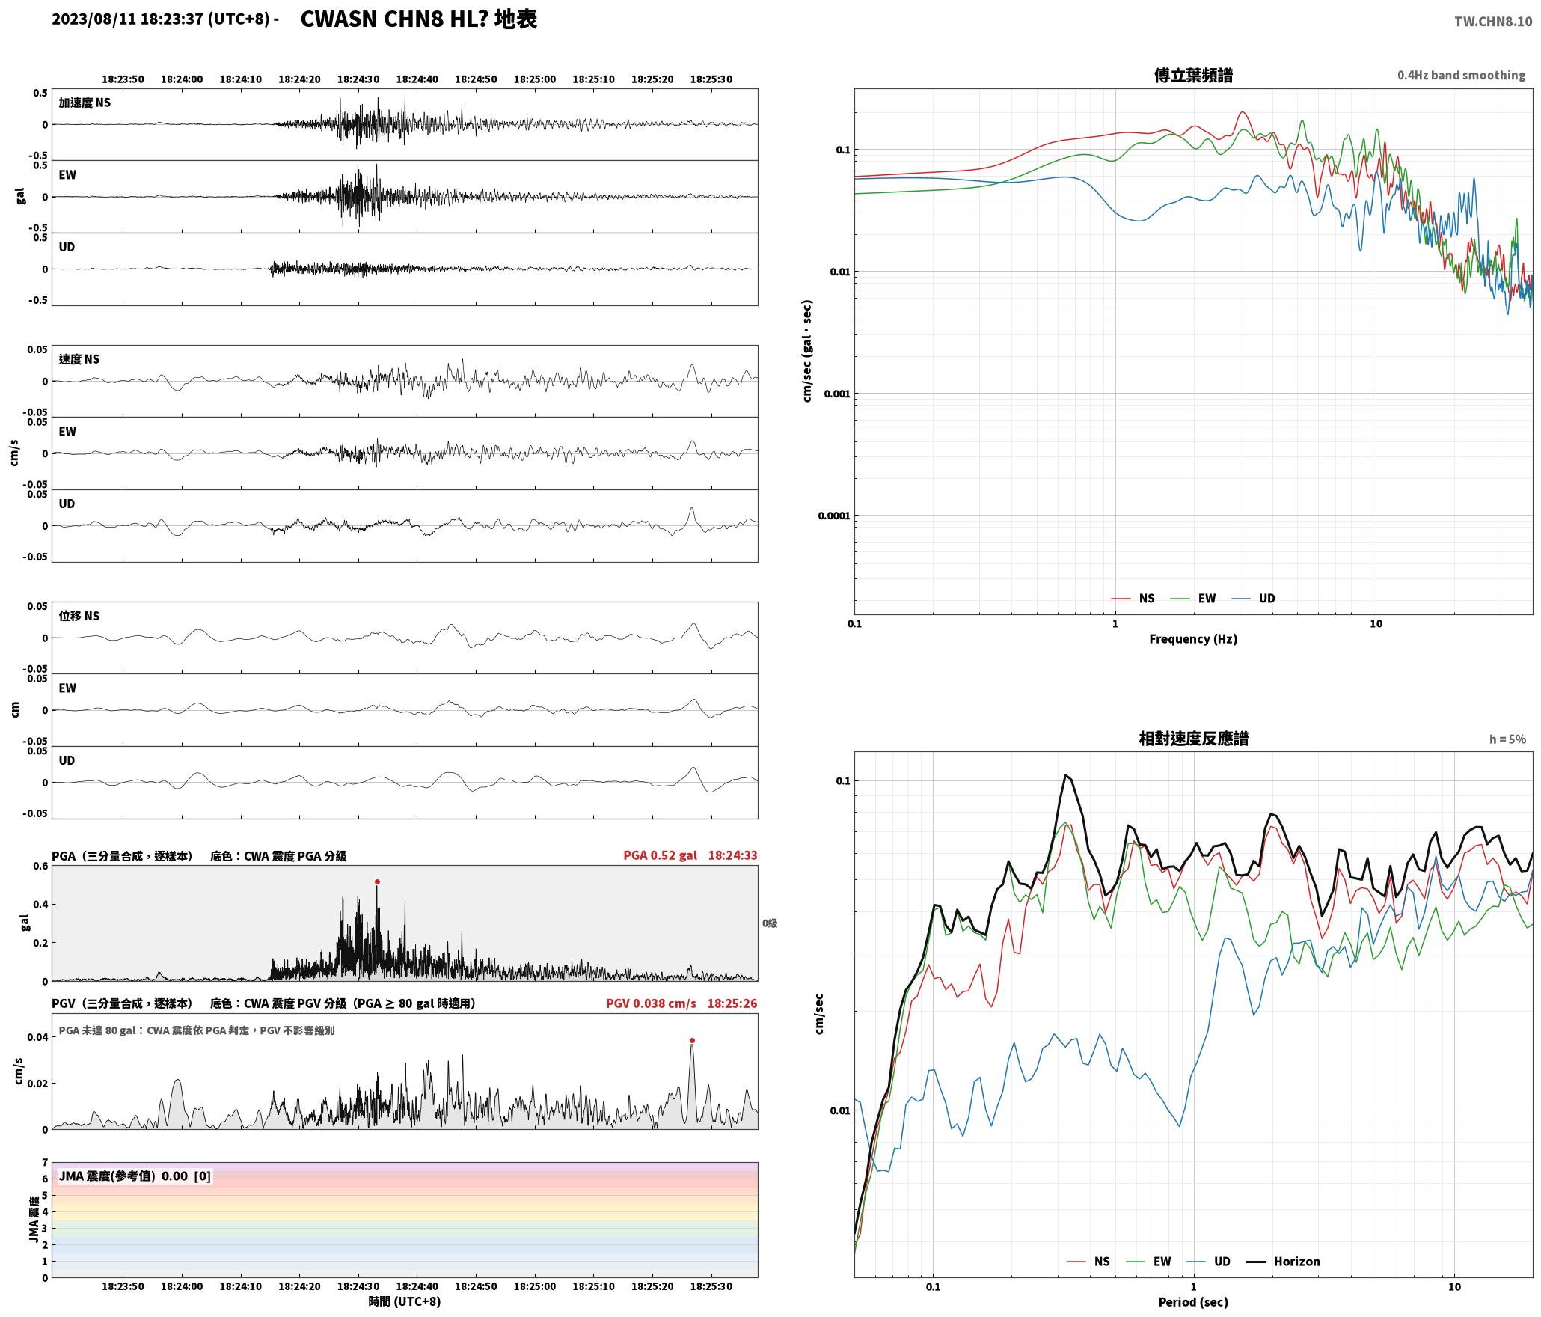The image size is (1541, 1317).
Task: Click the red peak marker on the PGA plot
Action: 377,882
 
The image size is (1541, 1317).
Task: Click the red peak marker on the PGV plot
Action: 692,1041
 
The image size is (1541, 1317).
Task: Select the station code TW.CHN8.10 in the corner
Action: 1493,22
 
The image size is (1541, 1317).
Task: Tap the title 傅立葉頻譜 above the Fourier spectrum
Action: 1193,76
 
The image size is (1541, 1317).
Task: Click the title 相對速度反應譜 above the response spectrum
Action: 1193,739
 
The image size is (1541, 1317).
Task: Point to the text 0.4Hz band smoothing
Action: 1461,76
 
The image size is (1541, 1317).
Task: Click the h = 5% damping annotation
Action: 1507,739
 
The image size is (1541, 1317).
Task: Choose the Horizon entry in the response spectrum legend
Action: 1283,1262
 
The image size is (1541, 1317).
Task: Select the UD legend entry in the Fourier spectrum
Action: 1254,599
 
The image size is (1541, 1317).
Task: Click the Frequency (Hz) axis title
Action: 1193,639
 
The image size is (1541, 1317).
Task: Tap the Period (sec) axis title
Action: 1193,1302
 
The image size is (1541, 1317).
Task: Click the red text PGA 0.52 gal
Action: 660,855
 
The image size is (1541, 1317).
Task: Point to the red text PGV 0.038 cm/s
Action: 651,1003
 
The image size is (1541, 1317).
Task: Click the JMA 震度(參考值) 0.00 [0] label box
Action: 135,1176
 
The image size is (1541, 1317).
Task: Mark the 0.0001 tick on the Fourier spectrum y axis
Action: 833,516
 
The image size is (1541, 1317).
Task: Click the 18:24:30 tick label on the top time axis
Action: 358,79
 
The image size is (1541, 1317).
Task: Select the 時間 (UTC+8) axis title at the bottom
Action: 405,1301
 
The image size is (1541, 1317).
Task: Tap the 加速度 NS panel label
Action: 85,103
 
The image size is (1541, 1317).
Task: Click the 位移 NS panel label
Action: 79,616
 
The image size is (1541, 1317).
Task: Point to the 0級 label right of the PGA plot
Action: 770,923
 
